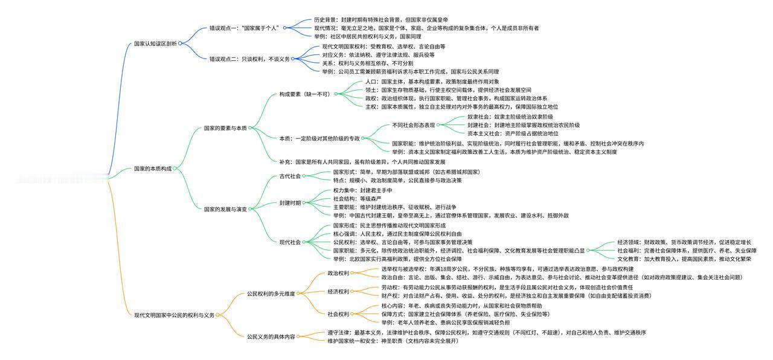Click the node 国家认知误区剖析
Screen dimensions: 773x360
pos(155,43)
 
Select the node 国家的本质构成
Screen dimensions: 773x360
pos(152,169)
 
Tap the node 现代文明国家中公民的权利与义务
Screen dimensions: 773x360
pos(174,315)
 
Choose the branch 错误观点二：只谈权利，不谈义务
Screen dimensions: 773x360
pos(249,59)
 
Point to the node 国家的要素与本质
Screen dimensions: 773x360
pos(225,128)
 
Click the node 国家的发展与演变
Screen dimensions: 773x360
pos(225,209)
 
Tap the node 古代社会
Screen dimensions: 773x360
pos(290,176)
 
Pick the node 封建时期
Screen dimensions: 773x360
pos(290,203)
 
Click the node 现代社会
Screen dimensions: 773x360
pos(290,242)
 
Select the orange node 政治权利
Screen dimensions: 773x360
pos(338,273)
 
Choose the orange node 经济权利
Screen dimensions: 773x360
pos(338,292)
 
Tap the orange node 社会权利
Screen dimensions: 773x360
pos(338,314)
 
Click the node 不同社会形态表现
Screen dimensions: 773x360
pos(413,126)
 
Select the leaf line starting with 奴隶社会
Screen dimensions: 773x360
pos(510,117)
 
